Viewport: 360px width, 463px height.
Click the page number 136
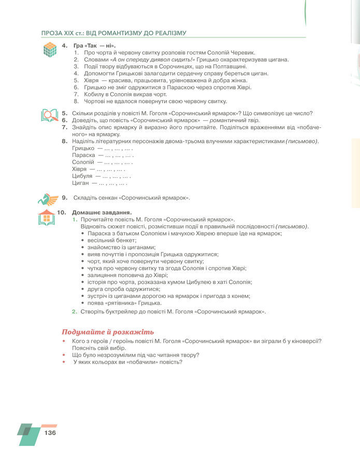point(50,433)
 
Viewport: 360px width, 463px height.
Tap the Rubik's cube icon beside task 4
point(50,50)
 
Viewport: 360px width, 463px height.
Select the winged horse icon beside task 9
point(48,198)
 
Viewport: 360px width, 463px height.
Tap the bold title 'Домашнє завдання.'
point(102,212)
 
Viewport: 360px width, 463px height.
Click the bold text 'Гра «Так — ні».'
point(94,46)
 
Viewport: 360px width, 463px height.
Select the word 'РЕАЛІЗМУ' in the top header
point(166,33)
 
